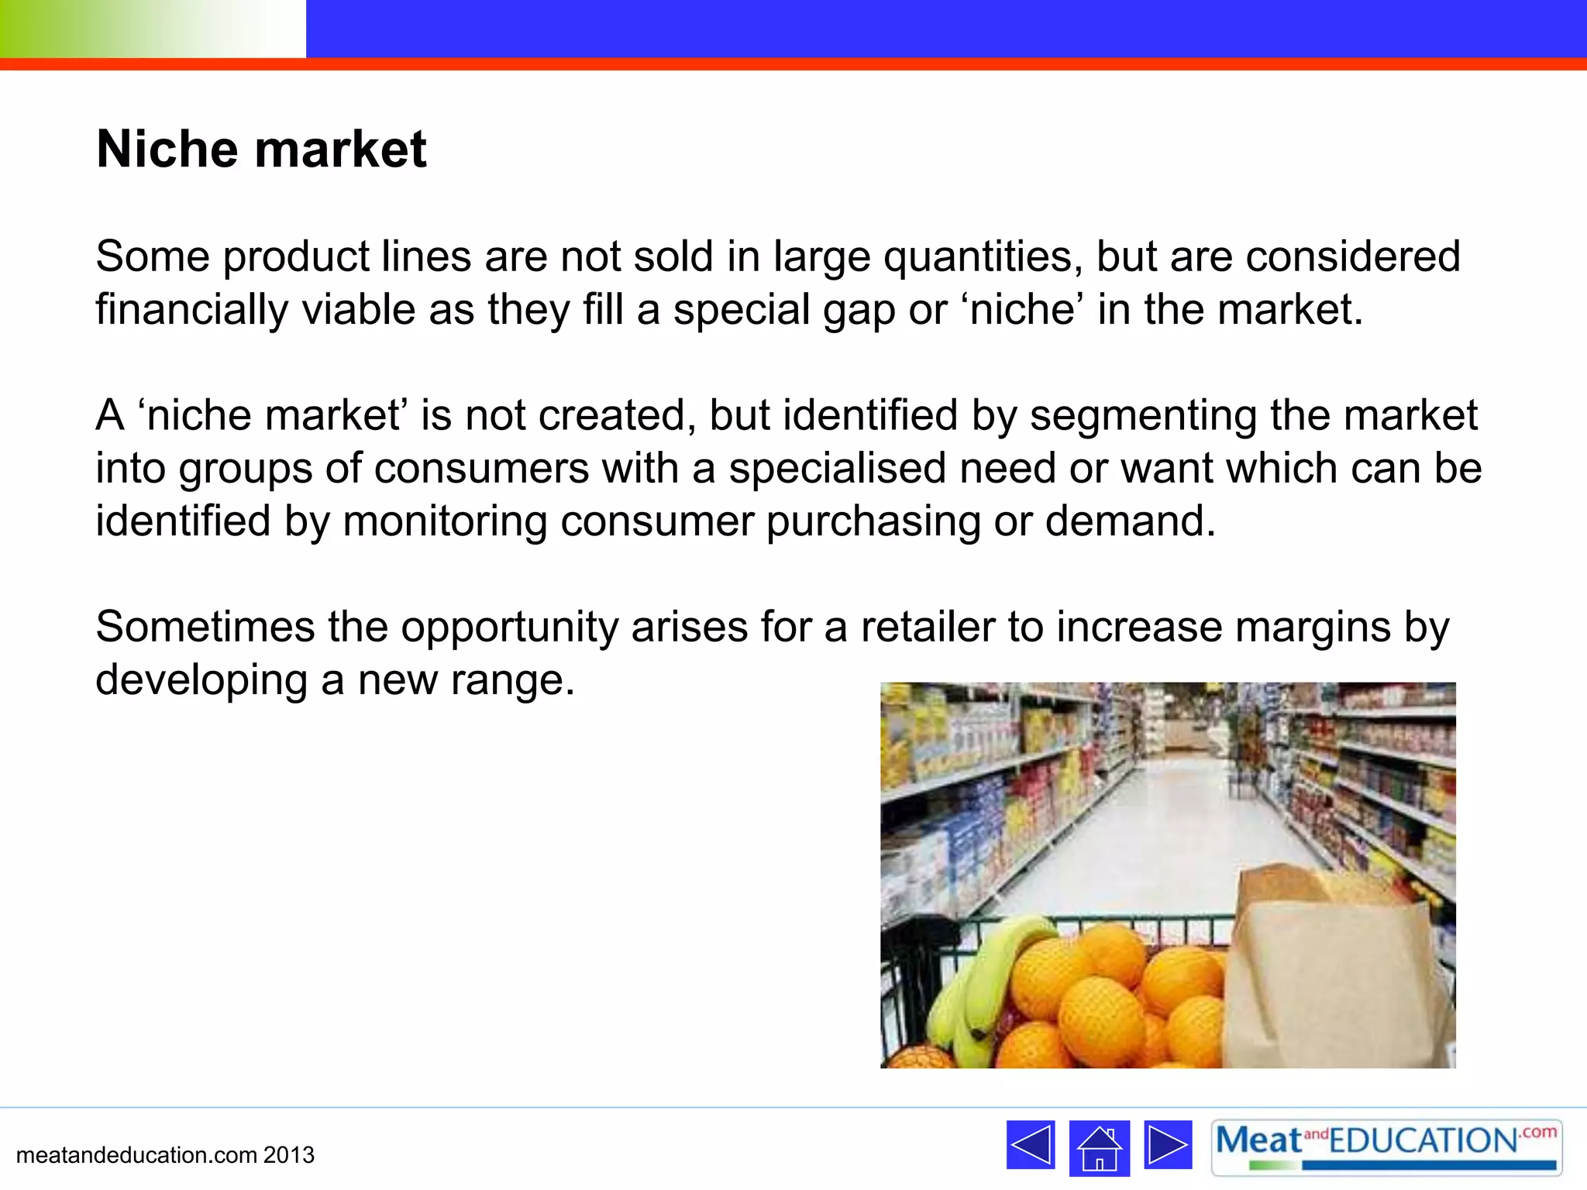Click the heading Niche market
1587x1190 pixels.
tap(261, 149)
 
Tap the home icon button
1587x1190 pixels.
tap(1099, 1147)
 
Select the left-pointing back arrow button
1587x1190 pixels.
tap(1031, 1144)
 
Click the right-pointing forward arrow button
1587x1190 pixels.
tap(1168, 1144)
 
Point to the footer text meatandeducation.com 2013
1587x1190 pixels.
tap(165, 1155)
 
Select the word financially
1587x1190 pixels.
tap(191, 310)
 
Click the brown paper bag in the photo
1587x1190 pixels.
tap(1333, 976)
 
